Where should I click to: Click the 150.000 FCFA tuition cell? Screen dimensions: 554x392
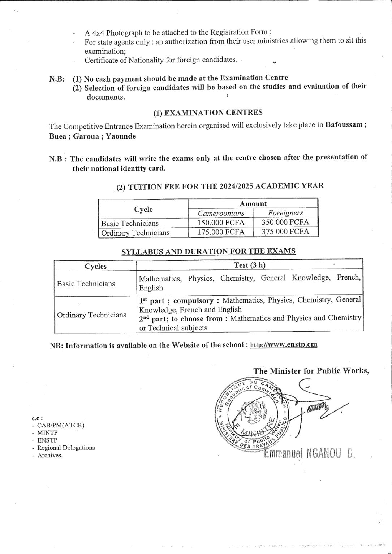[x=221, y=222]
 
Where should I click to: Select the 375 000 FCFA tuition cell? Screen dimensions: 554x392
[x=285, y=232]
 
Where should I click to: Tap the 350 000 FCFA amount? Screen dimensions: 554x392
[x=285, y=222]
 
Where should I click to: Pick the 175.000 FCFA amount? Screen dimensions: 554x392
[x=221, y=232]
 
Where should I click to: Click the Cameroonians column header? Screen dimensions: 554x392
[x=221, y=213]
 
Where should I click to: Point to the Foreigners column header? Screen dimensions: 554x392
[x=285, y=213]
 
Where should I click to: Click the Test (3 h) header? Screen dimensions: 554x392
[x=249, y=265]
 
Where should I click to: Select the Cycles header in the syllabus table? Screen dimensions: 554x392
[x=95, y=266]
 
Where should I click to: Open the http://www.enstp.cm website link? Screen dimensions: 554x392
[x=284, y=344]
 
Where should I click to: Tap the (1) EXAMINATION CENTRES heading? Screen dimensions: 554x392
[x=208, y=113]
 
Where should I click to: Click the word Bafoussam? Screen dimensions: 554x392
[x=344, y=125]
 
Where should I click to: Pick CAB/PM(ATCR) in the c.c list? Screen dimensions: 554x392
[x=61, y=425]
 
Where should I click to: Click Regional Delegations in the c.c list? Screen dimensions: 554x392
[x=66, y=448]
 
